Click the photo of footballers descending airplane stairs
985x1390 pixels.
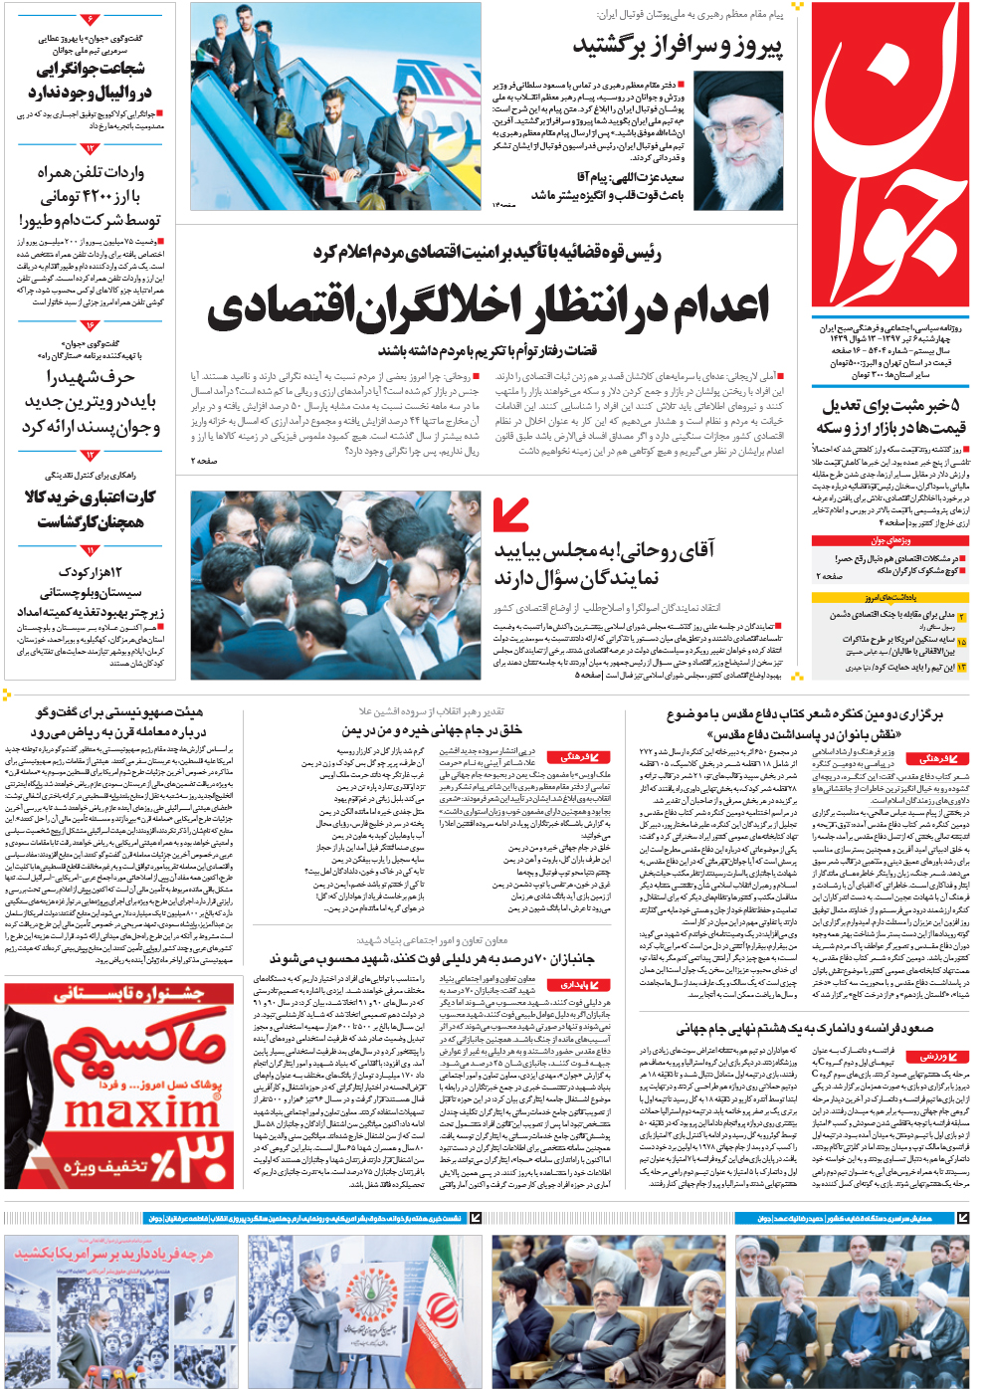[x=334, y=105]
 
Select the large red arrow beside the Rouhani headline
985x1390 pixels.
[x=510, y=514]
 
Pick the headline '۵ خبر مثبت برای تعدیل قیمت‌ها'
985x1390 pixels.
[x=889, y=417]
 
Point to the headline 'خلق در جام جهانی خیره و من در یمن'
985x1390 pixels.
[x=431, y=729]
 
